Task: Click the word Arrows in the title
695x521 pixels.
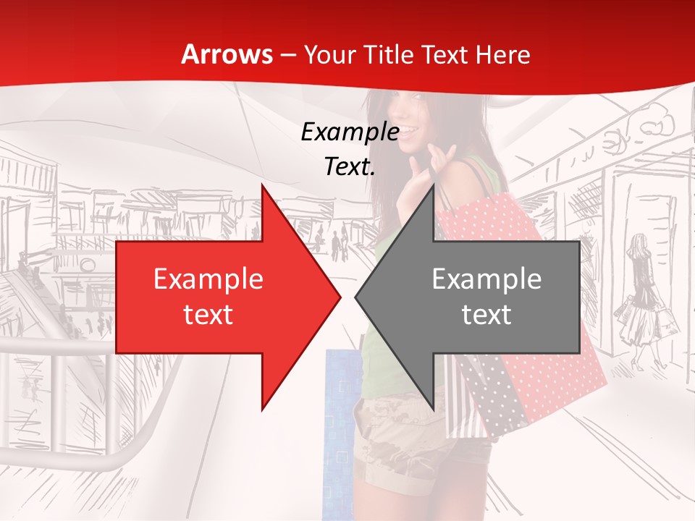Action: coord(227,54)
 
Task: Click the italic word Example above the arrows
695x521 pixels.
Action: coord(350,132)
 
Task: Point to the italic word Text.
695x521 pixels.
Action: coord(350,167)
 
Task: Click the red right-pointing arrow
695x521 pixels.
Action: coord(217,297)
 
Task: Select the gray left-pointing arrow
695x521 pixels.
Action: coord(478,297)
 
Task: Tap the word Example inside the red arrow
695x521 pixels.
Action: coord(208,279)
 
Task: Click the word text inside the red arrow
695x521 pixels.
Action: coord(208,314)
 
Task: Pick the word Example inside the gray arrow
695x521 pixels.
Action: coord(486,279)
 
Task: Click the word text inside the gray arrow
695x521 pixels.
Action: coord(486,314)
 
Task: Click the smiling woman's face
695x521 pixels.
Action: coord(417,123)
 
